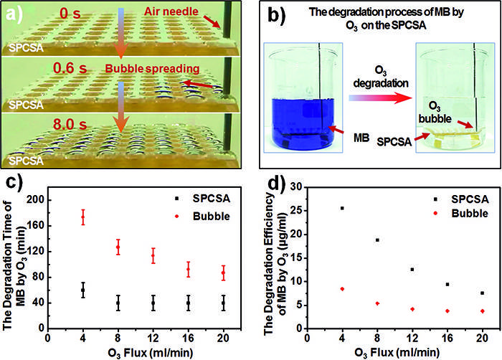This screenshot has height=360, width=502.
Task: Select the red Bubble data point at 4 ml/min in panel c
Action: (83, 217)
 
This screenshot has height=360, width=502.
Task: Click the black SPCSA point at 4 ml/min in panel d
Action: (342, 208)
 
